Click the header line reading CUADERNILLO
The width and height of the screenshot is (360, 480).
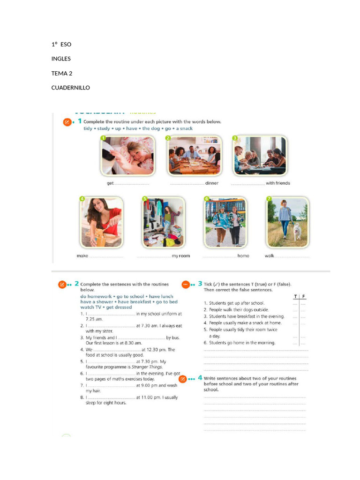click(70, 88)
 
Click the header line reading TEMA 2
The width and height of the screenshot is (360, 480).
click(62, 73)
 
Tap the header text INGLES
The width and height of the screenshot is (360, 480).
click(61, 59)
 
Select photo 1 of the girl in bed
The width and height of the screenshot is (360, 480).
click(127, 156)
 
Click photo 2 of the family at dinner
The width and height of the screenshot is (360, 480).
click(194, 156)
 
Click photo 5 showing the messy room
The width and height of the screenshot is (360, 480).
click(163, 222)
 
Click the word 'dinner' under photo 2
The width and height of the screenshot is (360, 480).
click(212, 183)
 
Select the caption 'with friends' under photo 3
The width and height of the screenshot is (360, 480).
click(277, 183)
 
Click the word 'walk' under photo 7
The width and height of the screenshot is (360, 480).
click(270, 256)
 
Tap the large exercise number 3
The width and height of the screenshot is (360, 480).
click(200, 284)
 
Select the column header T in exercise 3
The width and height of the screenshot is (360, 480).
click(295, 297)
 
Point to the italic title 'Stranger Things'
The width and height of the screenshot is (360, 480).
click(147, 367)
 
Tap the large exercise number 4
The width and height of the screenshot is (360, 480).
click(200, 378)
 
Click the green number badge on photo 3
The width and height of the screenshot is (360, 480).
click(236, 138)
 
